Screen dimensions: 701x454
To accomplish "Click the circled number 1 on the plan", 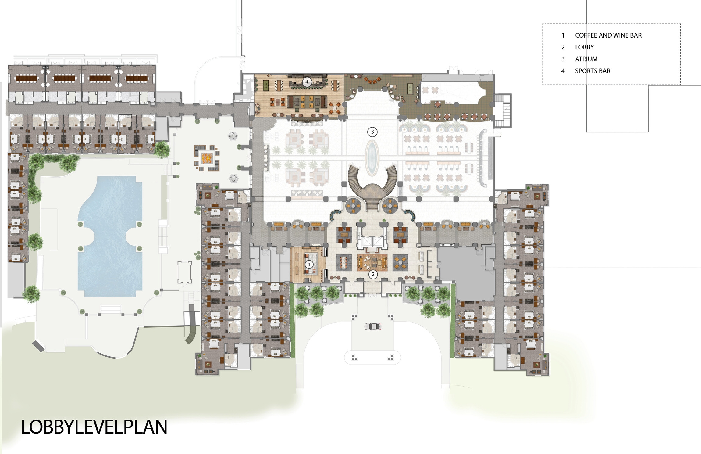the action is [309, 264].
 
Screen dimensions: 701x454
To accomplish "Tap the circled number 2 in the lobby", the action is [373, 274].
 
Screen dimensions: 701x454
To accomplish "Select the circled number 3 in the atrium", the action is [372, 132].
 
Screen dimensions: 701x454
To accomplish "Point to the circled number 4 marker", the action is [307, 81].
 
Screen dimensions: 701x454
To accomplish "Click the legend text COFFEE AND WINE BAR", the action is [608, 35].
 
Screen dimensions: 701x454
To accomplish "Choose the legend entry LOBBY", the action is [584, 47].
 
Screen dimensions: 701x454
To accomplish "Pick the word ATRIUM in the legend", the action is [586, 59].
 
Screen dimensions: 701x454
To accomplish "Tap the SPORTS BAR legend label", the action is [592, 71].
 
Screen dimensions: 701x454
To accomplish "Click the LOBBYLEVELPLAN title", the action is [94, 427].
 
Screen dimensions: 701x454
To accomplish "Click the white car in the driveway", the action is [373, 326].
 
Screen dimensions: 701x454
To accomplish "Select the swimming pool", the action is [110, 236].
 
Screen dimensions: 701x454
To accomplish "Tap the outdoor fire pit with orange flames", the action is [207, 158].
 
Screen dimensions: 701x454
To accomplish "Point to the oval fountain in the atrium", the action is [372, 158].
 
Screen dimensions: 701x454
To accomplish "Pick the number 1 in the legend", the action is [563, 35].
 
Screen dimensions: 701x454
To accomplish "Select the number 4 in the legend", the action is [563, 71].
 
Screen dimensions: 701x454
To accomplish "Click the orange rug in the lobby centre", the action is [372, 263].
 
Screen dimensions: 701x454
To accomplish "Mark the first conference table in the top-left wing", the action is [26, 78].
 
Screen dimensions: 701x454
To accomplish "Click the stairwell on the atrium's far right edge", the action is [502, 111].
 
